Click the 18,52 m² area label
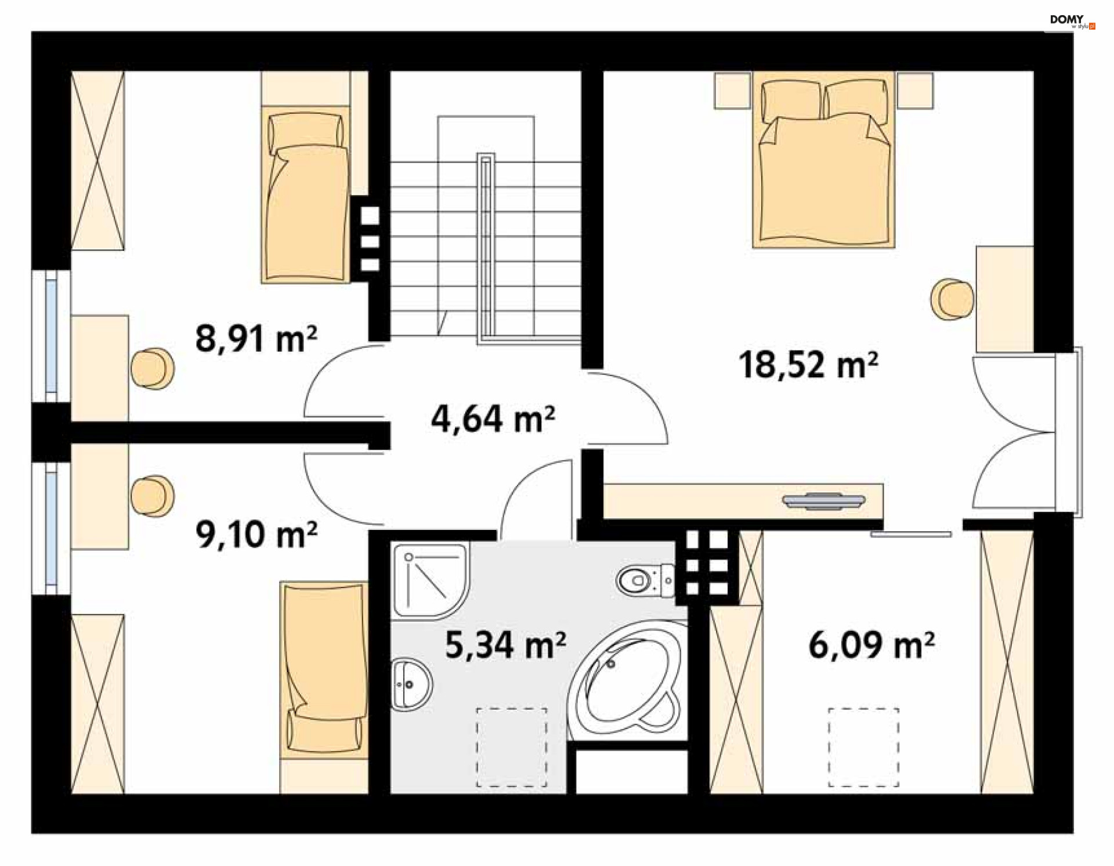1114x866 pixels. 808,365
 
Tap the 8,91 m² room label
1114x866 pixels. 256,338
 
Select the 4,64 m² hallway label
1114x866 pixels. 493,418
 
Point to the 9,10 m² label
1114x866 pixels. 256,535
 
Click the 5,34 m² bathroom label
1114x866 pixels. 505,645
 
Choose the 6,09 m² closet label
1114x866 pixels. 871,645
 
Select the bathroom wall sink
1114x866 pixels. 411,684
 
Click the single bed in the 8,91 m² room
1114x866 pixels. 306,194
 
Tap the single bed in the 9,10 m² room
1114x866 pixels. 324,670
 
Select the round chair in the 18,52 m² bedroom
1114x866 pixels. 952,299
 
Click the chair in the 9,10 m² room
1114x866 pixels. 152,496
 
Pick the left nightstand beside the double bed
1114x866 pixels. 732,91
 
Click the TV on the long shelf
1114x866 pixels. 824,501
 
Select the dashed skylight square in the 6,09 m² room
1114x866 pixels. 863,748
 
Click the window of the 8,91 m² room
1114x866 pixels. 51,336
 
